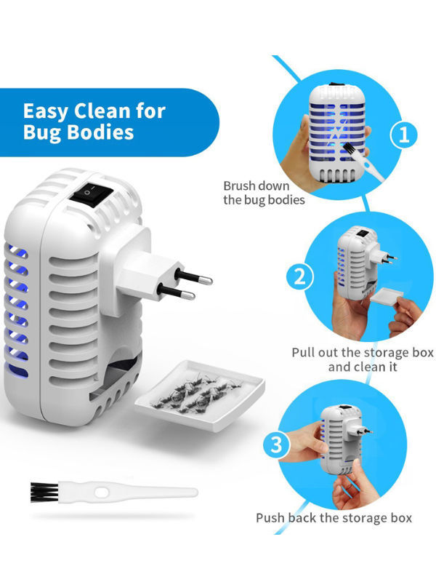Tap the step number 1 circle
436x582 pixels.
pos(404,135)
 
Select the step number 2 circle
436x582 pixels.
pos(299,276)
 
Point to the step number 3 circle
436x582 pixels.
pos(277,445)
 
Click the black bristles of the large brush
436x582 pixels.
pos(44,493)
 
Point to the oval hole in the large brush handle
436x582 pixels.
pos(101,493)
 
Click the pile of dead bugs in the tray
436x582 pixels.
pos(197,394)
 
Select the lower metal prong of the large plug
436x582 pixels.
pos(177,292)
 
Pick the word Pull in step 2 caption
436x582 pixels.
pos(302,353)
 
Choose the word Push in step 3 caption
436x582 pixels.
pos(270,518)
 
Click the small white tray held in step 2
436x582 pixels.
pos(387,298)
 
